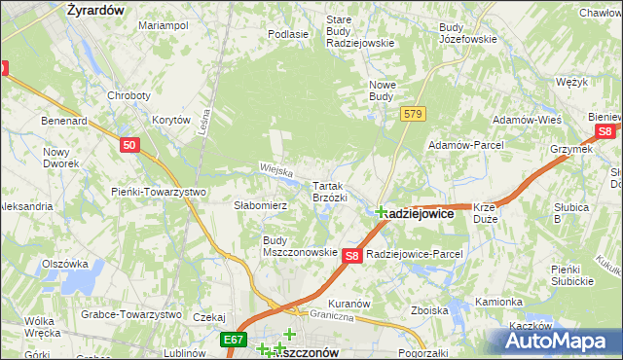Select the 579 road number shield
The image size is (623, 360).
pos(413,115)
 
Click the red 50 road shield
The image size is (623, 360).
pos(131,145)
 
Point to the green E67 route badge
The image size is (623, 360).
pos(232,339)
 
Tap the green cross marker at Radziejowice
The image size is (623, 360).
pos(380,211)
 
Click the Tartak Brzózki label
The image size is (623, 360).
pos(330,191)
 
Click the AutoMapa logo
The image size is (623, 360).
pos(554,341)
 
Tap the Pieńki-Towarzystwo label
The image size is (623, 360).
pos(159,192)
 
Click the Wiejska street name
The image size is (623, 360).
pos(276,170)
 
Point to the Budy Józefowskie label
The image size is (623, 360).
pos(467,33)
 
